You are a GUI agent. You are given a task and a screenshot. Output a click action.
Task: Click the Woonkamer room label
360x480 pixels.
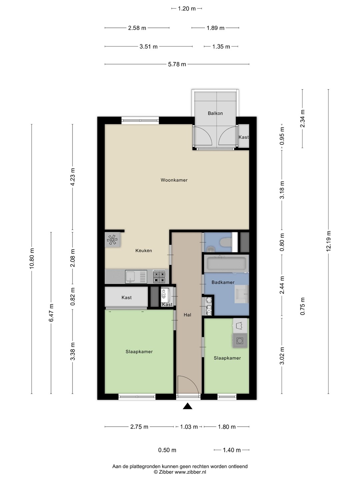pos(174,180)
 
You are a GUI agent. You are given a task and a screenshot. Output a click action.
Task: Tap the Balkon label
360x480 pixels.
pos(215,113)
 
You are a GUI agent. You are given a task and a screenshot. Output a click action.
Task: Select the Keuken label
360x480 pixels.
pos(144,251)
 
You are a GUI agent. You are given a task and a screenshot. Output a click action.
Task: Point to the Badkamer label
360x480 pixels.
pos(223,282)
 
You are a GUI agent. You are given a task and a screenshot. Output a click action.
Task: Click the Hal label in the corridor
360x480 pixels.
pos(187,315)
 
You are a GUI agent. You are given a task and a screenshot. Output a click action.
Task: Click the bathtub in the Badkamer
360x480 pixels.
pos(226,264)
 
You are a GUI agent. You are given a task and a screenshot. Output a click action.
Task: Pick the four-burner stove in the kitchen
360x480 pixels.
pos(159,277)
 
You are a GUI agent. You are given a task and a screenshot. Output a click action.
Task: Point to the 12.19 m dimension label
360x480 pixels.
pos(329,241)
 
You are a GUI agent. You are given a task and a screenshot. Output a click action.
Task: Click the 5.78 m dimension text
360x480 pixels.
pos(177,64)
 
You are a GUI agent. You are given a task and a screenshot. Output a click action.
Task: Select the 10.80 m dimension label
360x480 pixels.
pos(32,258)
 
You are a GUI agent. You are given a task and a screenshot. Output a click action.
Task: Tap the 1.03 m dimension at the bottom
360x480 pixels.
pos(189,427)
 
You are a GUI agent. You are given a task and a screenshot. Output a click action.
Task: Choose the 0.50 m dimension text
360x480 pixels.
pos(167,450)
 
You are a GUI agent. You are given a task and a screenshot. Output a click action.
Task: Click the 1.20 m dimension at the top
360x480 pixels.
pos(187,9)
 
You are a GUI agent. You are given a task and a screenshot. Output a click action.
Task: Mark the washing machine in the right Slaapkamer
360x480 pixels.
pos(240,340)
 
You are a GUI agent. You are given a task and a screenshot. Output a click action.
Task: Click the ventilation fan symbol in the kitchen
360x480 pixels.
pos(112,240)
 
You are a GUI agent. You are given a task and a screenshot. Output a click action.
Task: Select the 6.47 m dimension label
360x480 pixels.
pos(51,313)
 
